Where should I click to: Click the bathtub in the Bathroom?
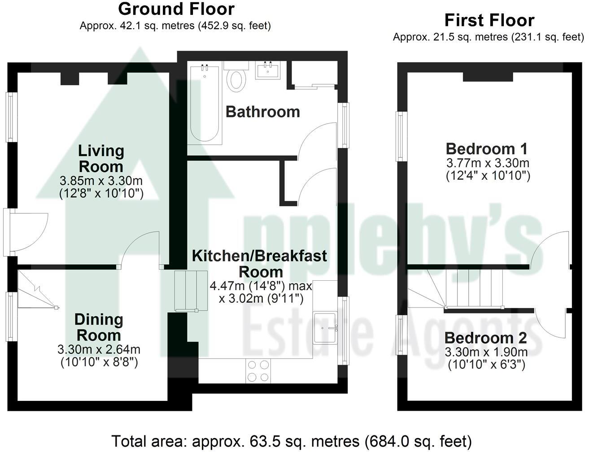[x=205, y=104]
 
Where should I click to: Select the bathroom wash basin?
[x=268, y=71]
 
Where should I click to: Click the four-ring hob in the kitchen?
[x=258, y=371]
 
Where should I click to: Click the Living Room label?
[x=101, y=158]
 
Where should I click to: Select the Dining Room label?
[x=98, y=327]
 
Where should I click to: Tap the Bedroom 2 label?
[x=486, y=338]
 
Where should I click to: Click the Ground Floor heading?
[x=176, y=9]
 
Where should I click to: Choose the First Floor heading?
[x=489, y=21]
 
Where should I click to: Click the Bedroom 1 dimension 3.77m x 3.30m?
[x=488, y=163]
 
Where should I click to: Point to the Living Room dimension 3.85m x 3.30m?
[x=101, y=181]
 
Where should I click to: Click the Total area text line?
[x=292, y=441]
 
